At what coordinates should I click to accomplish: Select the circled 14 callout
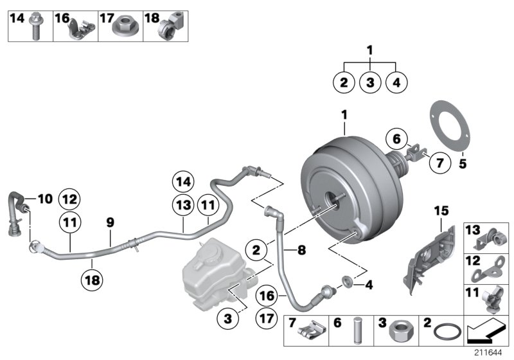[x=184, y=182]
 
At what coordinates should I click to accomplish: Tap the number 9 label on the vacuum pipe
[x=110, y=222]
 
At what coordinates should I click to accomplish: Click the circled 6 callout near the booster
[x=396, y=138]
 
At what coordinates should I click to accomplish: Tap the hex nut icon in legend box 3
[x=403, y=332]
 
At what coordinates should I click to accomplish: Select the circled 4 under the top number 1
[x=396, y=82]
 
